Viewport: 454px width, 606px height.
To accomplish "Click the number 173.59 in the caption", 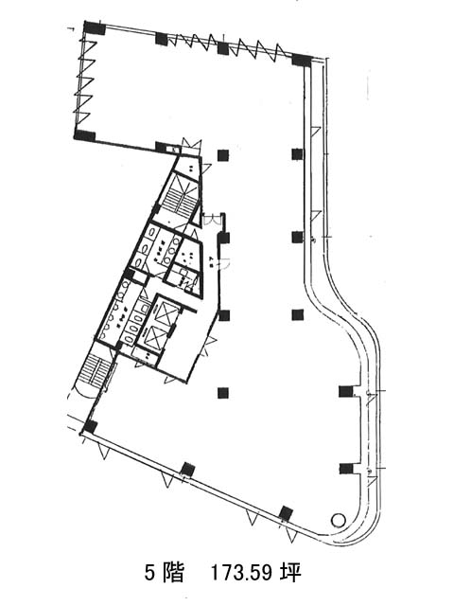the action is click(241, 572).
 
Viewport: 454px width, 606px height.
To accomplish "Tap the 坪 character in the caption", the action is click(291, 572).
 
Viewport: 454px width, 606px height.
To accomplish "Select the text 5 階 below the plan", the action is click(164, 572).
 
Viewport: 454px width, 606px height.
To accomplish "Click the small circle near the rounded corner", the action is click(339, 520).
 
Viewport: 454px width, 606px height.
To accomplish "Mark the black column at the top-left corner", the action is click(95, 27).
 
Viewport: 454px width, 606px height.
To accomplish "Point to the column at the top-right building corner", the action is click(302, 61).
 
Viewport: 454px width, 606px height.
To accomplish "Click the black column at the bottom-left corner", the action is click(91, 427).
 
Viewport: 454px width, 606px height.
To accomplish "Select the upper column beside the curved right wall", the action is click(345, 391).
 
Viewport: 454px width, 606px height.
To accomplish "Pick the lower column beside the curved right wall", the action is click(346, 469).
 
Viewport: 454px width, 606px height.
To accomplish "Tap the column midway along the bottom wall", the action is click(188, 470).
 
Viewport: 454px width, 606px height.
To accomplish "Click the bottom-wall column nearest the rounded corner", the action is click(286, 513).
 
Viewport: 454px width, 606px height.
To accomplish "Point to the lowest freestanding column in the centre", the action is click(223, 393).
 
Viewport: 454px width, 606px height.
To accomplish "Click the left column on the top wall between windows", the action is click(162, 38).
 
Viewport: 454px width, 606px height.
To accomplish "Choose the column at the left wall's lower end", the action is click(84, 135).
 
